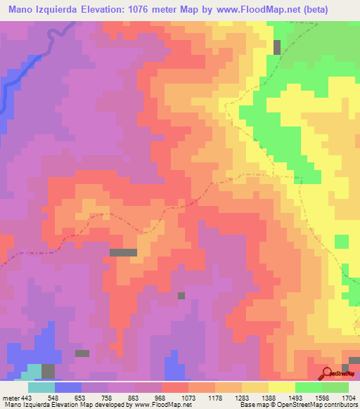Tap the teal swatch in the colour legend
tap(41, 387)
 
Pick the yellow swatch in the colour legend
tap(282, 387)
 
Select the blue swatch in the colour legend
tap(68, 387)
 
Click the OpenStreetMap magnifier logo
tap(327, 373)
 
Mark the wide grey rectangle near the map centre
tap(123, 252)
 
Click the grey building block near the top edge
tap(277, 47)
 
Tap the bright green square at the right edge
tap(341, 242)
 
